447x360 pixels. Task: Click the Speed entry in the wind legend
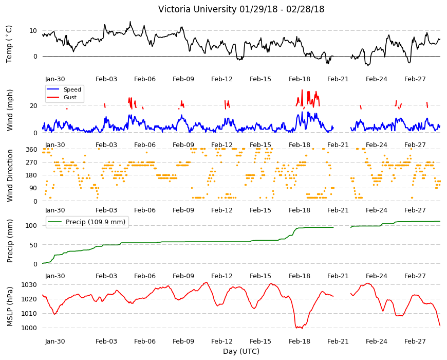click(72, 89)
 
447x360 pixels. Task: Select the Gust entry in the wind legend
click(70, 97)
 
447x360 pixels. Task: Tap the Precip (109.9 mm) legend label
click(96, 222)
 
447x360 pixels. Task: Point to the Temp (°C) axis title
click(9, 44)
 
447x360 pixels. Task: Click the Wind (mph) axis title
click(10, 110)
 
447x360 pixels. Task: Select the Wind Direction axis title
click(10, 175)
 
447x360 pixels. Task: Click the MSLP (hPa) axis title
click(10, 306)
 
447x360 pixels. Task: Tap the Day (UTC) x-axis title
click(241, 351)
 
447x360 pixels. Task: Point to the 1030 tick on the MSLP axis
click(29, 285)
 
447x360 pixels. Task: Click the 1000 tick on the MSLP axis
click(29, 328)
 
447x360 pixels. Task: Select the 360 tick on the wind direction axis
click(31, 150)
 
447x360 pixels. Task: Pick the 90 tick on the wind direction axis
click(33, 188)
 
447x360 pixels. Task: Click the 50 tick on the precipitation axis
click(33, 245)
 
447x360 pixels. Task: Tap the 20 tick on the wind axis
click(33, 105)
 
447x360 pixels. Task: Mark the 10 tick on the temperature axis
click(33, 30)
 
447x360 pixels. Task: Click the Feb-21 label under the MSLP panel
click(338, 341)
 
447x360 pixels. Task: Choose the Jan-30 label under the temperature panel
click(55, 79)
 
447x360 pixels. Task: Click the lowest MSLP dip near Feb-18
click(302, 329)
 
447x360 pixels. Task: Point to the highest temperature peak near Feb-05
click(131, 22)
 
